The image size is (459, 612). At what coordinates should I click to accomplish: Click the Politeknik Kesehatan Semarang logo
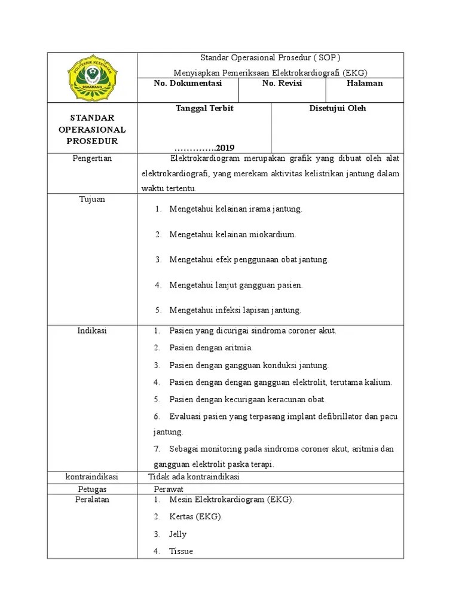(x=92, y=78)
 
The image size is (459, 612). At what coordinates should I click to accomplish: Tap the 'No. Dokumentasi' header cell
(x=188, y=84)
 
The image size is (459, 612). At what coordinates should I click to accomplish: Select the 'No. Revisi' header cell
(x=282, y=84)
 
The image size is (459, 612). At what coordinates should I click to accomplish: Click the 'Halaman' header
(x=365, y=84)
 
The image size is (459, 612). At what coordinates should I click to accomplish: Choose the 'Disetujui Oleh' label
(x=338, y=109)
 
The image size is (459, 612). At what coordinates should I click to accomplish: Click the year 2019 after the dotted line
(x=225, y=148)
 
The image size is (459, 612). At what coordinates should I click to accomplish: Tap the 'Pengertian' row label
(x=92, y=159)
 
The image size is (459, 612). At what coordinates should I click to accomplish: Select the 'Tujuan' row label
(x=92, y=199)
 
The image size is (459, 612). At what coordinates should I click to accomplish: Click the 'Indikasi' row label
(x=92, y=331)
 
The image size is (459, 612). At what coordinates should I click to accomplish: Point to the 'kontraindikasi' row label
(x=92, y=477)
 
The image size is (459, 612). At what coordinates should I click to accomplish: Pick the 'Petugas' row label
(x=92, y=489)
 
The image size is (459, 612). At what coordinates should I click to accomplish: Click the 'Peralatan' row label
(x=92, y=500)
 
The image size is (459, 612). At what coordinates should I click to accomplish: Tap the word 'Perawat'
(x=169, y=489)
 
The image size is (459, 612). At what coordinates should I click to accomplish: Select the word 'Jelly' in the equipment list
(x=178, y=534)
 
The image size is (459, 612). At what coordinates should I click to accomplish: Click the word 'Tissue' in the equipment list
(x=180, y=551)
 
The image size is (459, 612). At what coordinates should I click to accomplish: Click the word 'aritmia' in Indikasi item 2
(x=238, y=347)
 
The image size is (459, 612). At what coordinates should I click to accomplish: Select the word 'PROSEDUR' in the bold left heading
(x=92, y=142)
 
